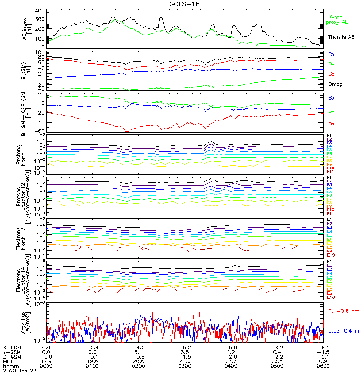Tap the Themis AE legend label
click(x=340, y=37)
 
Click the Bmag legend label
click(x=335, y=84)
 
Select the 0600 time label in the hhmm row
click(x=322, y=366)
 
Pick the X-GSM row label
click(x=12, y=347)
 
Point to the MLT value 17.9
click(x=47, y=361)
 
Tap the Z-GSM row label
click(x=12, y=357)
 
